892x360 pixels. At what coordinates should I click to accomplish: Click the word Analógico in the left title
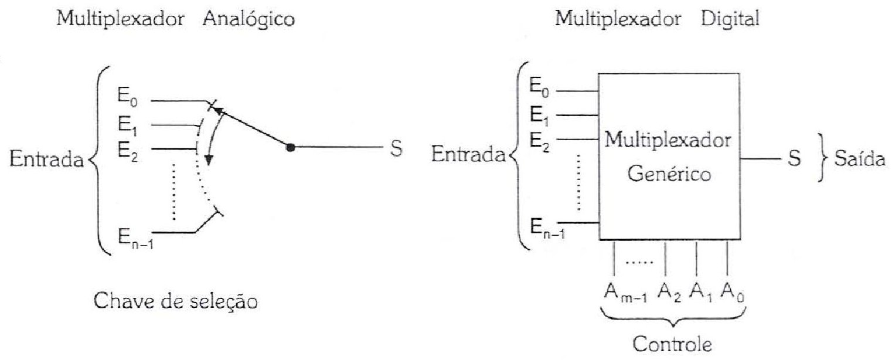pyautogui.click(x=248, y=19)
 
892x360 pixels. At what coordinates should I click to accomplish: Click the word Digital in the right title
pyautogui.click(x=730, y=19)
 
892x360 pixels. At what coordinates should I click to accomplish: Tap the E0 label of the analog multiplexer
pyautogui.click(x=127, y=97)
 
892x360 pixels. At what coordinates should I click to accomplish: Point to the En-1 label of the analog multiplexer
pyautogui.click(x=135, y=238)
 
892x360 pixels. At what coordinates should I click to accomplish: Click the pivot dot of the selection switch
pyautogui.click(x=291, y=147)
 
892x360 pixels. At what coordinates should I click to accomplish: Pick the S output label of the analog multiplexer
pyautogui.click(x=396, y=148)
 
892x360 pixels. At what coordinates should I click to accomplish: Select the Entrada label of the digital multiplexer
pyautogui.click(x=468, y=154)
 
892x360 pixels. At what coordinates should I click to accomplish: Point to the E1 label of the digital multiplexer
pyautogui.click(x=539, y=116)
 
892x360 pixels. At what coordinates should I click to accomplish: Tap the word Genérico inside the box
pyautogui.click(x=669, y=174)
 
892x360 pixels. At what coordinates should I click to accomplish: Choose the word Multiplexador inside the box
pyautogui.click(x=668, y=140)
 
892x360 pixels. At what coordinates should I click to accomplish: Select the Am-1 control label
pyautogui.click(x=625, y=292)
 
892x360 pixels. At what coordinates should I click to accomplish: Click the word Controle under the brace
pyautogui.click(x=672, y=344)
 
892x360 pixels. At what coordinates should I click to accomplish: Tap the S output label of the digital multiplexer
pyautogui.click(x=795, y=158)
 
